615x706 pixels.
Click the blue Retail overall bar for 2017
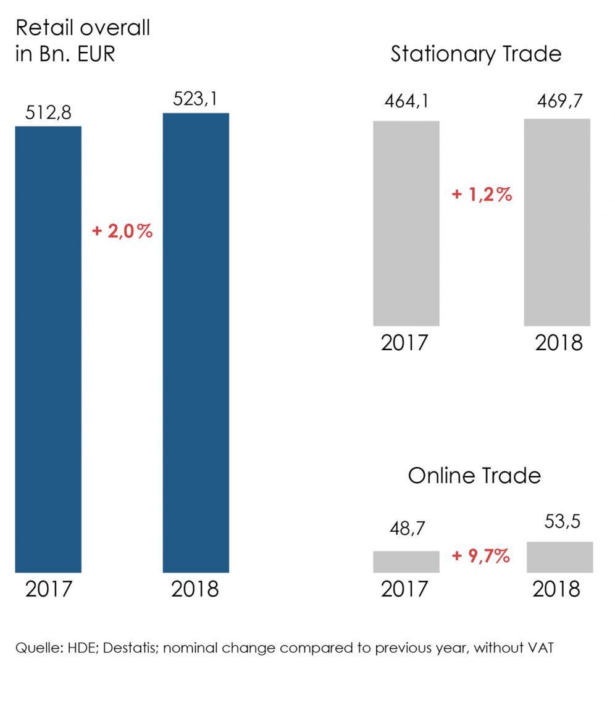[48, 349]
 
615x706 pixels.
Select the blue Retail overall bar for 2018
[196, 342]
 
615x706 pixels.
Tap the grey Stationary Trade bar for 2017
[406, 223]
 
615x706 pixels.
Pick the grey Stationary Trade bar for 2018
[557, 222]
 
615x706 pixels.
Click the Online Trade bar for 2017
[406, 561]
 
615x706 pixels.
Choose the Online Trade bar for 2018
[559, 557]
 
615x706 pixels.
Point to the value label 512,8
[48, 113]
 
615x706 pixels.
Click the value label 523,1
[196, 99]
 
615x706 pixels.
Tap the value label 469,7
[557, 100]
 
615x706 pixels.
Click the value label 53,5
[559, 522]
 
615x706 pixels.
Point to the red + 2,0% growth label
[122, 232]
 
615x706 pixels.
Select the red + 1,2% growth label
[482, 195]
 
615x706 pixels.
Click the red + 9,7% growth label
[481, 556]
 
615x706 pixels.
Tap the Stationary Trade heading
[475, 54]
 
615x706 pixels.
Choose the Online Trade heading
[474, 476]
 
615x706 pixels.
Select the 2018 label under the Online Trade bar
[556, 589]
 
